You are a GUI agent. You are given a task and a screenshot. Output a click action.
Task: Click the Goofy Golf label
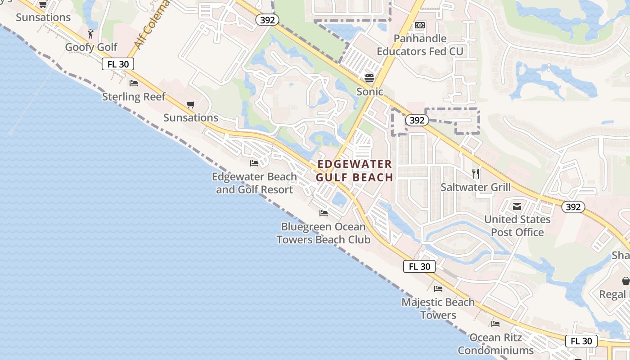coord(91,47)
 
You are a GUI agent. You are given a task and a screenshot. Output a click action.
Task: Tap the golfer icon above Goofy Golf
coord(90,34)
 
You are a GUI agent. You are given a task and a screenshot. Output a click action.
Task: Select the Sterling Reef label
coord(134,97)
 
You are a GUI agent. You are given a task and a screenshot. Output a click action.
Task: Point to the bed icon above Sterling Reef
coord(134,83)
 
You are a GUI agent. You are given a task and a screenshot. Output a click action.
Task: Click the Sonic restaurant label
coord(369,92)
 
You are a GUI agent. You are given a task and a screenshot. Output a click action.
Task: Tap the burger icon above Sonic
coord(369,78)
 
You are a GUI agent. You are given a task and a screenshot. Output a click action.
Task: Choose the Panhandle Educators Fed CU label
coord(419,45)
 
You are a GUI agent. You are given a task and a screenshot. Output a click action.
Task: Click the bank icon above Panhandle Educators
coord(419,25)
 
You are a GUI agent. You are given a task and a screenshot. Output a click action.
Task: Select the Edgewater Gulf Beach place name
coord(355,171)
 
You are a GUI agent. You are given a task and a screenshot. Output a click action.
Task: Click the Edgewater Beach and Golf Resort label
coord(254,183)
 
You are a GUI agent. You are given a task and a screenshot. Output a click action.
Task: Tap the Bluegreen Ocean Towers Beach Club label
coord(324,233)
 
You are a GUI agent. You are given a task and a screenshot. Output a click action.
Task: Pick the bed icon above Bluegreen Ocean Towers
coord(324,213)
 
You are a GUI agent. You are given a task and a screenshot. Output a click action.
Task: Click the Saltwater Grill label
coord(475,187)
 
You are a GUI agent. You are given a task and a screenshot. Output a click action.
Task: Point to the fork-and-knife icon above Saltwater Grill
coord(475,173)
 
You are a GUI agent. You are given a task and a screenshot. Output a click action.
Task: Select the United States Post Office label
coord(517,226)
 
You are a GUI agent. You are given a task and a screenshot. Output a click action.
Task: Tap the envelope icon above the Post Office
coord(517,207)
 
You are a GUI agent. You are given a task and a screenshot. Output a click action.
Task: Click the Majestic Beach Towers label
coord(438,308)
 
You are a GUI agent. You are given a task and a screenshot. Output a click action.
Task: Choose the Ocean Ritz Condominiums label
coord(495,344)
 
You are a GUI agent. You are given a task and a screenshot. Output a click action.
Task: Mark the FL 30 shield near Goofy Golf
coord(118,64)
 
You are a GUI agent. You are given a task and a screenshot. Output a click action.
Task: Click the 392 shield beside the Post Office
coord(573,207)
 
